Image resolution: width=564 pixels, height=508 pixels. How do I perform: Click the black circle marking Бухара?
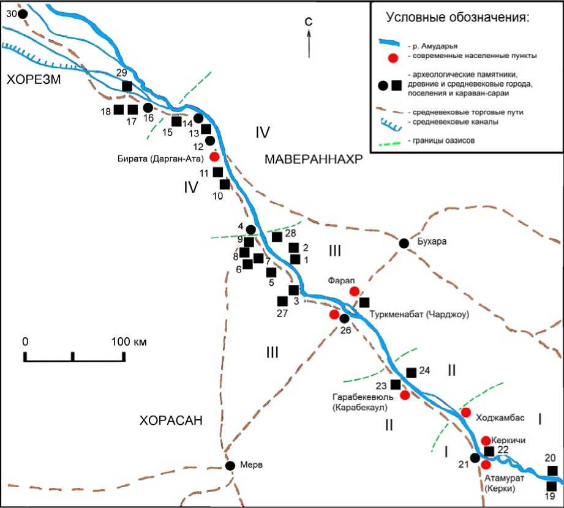[404, 243]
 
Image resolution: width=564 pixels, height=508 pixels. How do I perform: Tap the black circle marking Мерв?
[230, 466]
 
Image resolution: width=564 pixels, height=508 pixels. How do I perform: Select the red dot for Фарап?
[354, 291]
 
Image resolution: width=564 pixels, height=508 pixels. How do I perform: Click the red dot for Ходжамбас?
[465, 413]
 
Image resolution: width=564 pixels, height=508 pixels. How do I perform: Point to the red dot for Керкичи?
[486, 441]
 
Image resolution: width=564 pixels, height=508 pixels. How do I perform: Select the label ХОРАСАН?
[171, 420]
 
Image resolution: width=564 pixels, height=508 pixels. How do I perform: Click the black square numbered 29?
[127, 86]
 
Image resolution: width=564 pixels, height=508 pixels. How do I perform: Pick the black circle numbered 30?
[23, 13]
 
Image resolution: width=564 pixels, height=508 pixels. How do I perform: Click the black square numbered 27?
[282, 301]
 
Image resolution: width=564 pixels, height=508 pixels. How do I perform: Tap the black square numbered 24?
[412, 372]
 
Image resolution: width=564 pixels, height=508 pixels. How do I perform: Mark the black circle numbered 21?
[475, 457]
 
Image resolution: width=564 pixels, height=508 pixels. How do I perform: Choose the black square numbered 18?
[119, 110]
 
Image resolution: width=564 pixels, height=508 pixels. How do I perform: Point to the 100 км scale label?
[129, 341]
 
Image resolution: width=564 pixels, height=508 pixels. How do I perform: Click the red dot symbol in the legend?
[394, 58]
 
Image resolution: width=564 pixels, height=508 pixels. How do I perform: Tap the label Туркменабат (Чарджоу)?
[419, 315]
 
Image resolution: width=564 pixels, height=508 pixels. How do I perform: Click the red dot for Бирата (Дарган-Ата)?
[214, 156]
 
